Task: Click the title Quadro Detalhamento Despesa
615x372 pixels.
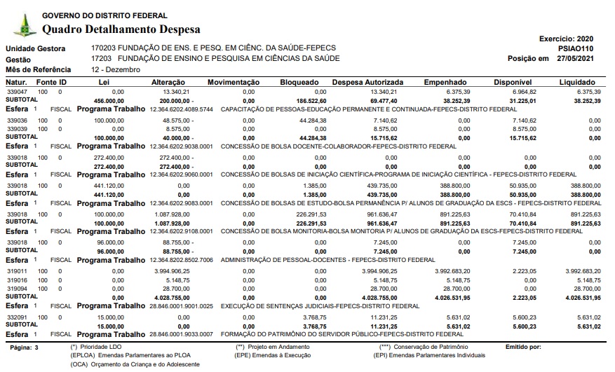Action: pyautogui.click(x=121, y=29)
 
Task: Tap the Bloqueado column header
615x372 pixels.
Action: pyautogui.click(x=300, y=83)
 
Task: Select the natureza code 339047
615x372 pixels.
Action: pyautogui.click(x=17, y=92)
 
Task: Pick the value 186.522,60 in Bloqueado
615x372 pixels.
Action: pyautogui.click(x=306, y=101)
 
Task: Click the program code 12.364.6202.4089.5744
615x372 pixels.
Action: pyautogui.click(x=181, y=110)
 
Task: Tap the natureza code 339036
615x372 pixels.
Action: pyautogui.click(x=17, y=120)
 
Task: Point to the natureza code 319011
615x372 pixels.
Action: pyautogui.click(x=17, y=270)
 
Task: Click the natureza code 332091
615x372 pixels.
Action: pyautogui.click(x=17, y=317)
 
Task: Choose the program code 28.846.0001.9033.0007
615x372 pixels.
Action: pyautogui.click(x=181, y=335)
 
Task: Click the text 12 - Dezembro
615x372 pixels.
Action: pyautogui.click(x=116, y=71)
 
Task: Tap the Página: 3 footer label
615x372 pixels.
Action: pyautogui.click(x=25, y=347)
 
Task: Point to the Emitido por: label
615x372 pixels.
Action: pyautogui.click(x=522, y=347)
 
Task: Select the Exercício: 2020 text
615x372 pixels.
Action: pyautogui.click(x=566, y=38)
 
